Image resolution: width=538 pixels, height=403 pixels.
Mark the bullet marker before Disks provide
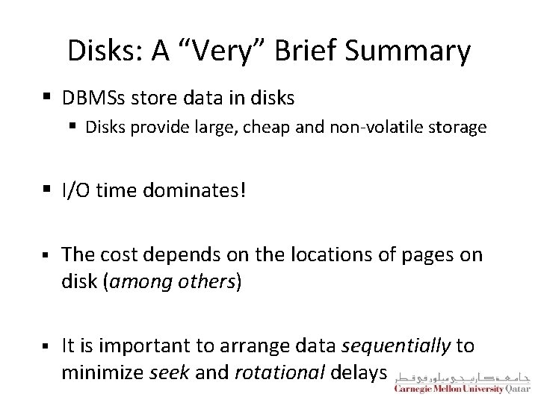(75, 128)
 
